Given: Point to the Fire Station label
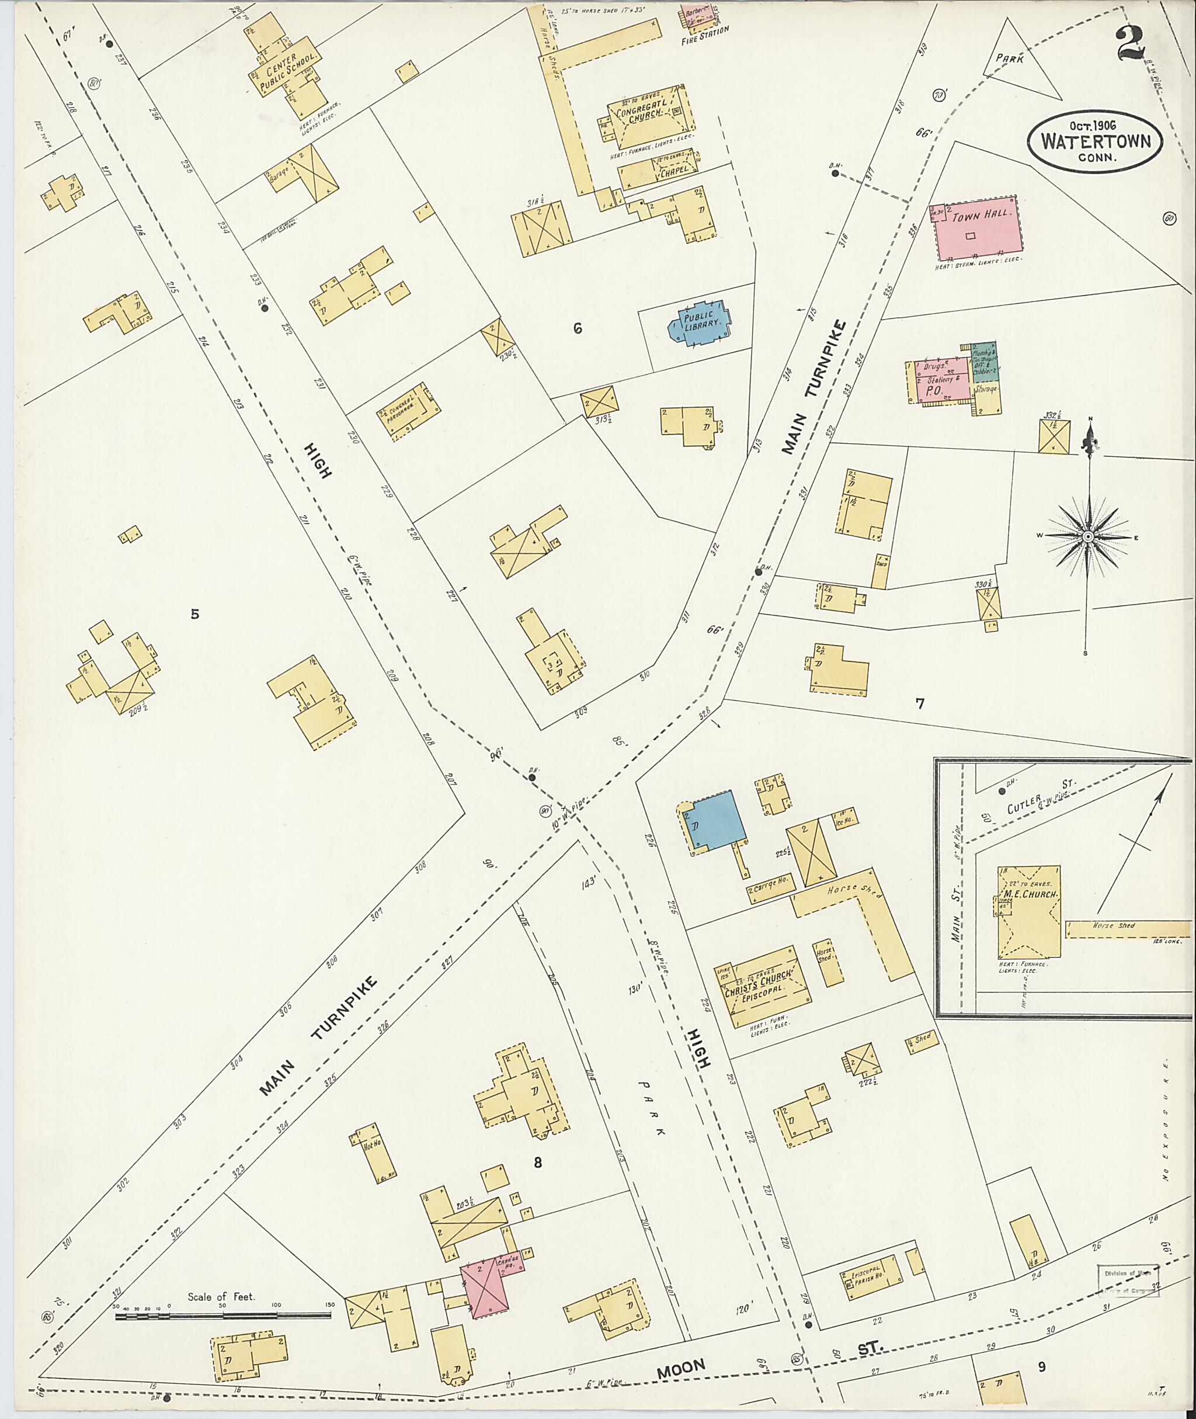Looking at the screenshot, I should coord(705,30).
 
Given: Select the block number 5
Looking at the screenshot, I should coord(194,615).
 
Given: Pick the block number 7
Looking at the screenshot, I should coord(920,704).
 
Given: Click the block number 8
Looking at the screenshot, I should coord(538,1163).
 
